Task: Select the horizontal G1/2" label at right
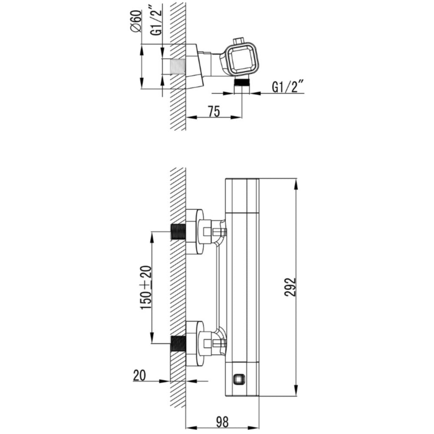288,87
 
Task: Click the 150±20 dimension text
146,287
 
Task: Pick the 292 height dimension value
290,287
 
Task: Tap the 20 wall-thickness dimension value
140,375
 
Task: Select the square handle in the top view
242,59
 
